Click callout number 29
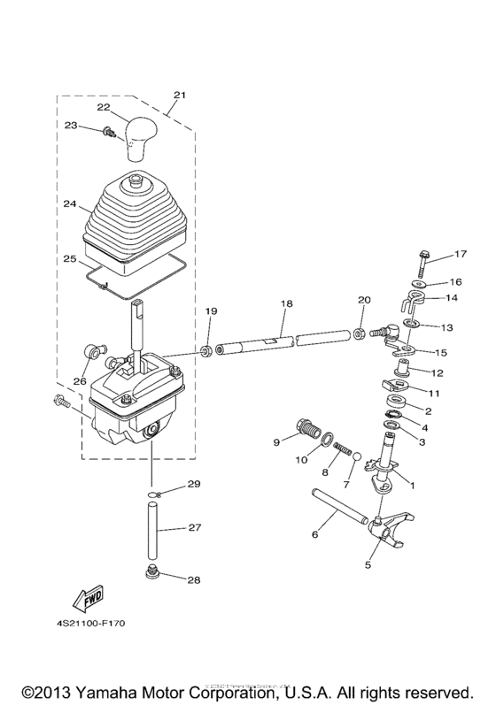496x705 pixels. pos(194,485)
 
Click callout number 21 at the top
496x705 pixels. pos(180,95)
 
